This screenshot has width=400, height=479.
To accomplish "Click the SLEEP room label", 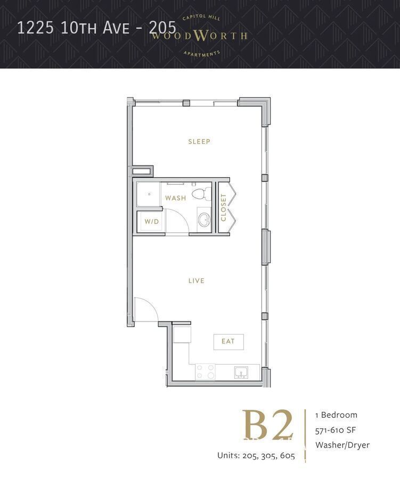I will click(199, 142).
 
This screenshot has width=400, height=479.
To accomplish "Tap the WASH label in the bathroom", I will click(175, 198).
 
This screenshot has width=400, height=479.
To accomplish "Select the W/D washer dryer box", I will click(151, 221).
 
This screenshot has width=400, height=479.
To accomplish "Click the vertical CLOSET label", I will click(224, 207).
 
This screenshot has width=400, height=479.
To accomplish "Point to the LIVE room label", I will click(197, 280).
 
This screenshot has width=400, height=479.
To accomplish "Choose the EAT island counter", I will click(228, 341).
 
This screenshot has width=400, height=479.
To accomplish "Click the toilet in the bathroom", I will click(201, 193).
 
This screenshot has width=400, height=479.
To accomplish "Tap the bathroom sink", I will click(203, 219).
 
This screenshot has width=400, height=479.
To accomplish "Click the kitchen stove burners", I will click(205, 371).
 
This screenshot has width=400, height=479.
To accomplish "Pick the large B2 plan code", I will click(268, 425).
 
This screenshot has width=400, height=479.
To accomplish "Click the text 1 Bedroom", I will click(336, 415).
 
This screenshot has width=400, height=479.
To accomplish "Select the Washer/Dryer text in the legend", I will click(342, 445).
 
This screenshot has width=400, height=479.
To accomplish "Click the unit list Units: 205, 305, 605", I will click(256, 456).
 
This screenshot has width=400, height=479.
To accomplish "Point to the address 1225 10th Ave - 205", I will click(96, 28).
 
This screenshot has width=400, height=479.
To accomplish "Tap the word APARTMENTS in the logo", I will click(201, 53).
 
